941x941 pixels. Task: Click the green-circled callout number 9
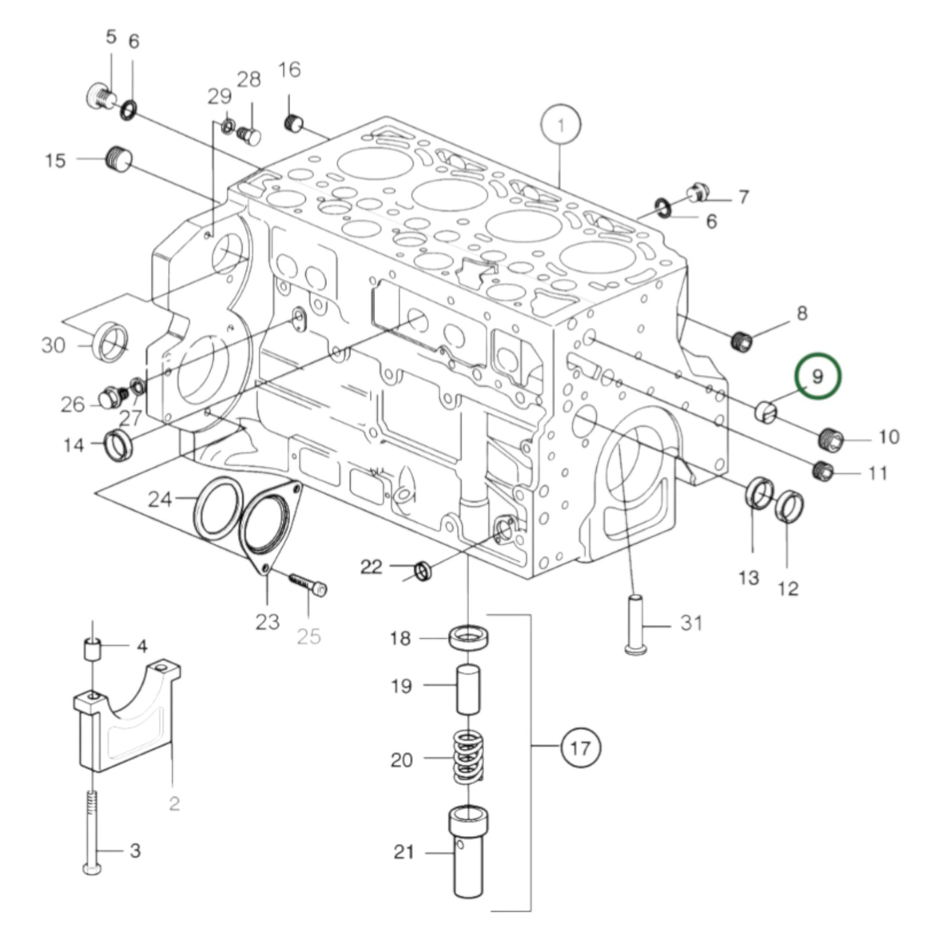(x=817, y=376)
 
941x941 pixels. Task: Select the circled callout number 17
(x=580, y=748)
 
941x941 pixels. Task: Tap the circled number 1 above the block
(x=561, y=124)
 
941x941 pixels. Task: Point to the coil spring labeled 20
(x=469, y=757)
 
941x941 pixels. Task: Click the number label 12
(x=788, y=588)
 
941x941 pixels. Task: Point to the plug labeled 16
(x=295, y=122)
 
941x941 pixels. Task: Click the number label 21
(x=404, y=852)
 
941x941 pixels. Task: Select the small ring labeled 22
(x=423, y=572)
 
